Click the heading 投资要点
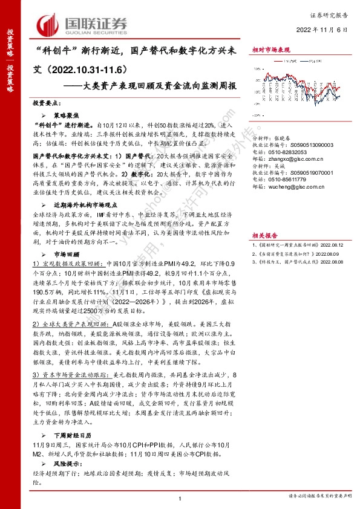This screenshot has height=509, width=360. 47,103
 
